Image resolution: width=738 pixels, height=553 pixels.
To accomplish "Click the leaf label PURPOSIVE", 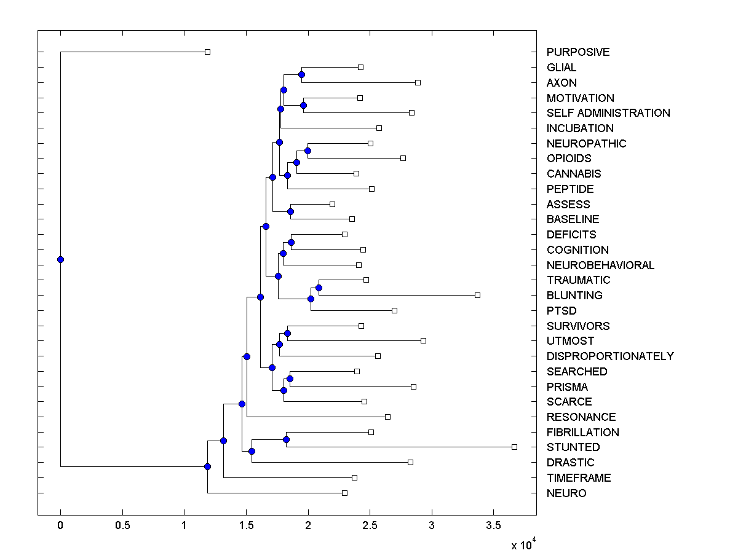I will (x=577, y=52).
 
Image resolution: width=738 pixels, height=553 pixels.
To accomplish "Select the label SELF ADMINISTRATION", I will (x=608, y=113).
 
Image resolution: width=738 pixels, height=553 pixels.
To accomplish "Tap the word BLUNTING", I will (x=574, y=296).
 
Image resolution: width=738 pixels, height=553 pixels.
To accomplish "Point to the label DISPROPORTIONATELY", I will (x=609, y=356).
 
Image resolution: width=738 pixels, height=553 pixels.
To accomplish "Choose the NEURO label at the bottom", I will (x=566, y=493).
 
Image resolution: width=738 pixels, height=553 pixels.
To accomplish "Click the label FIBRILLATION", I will (x=582, y=433).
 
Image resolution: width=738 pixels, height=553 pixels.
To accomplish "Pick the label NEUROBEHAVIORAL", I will (x=600, y=265).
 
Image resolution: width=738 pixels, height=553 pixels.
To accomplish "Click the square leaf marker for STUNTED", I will (x=515, y=447).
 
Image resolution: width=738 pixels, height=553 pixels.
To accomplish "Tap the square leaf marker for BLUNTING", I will (x=477, y=295).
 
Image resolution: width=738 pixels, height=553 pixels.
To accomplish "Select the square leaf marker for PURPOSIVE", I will (x=207, y=52).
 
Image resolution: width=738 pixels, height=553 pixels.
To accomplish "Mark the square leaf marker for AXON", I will (x=418, y=82).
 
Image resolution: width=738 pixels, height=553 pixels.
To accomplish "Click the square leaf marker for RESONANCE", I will (x=387, y=417).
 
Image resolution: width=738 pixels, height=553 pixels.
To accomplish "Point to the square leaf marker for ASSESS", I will (x=332, y=204).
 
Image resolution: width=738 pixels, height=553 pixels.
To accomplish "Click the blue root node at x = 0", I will (x=60, y=259).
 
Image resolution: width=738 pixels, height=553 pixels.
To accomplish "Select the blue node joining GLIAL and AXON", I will (x=301, y=74).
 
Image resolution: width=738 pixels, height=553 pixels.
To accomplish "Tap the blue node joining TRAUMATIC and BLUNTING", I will (x=319, y=288).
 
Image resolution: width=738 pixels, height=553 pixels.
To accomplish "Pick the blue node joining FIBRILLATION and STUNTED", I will (x=286, y=439).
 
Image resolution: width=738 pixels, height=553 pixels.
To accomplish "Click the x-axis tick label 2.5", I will (x=370, y=527).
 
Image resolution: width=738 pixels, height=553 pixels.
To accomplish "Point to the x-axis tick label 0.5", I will (x=122, y=527).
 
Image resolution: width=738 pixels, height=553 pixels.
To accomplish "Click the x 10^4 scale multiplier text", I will (x=524, y=544).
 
